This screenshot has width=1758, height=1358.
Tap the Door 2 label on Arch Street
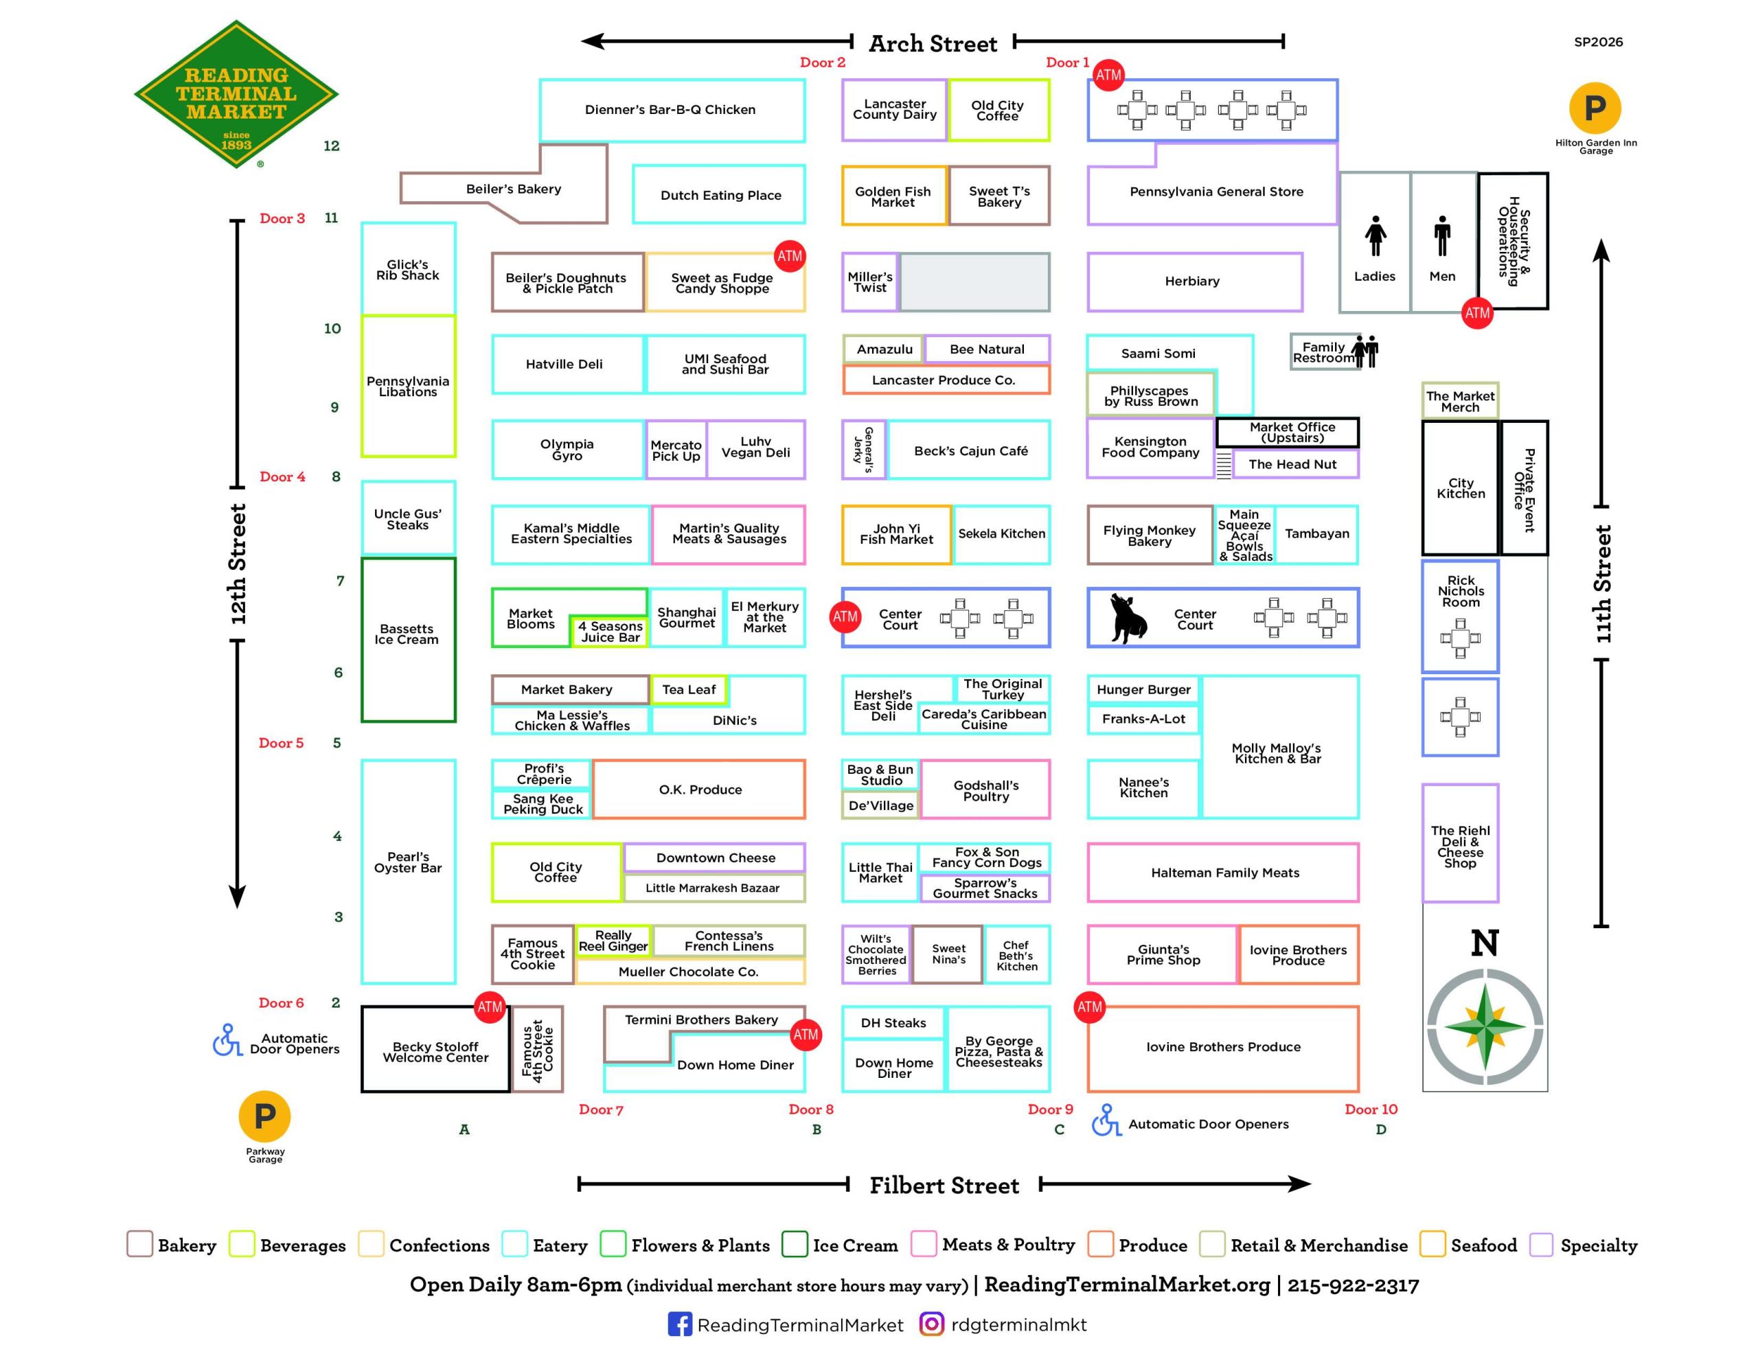(822, 62)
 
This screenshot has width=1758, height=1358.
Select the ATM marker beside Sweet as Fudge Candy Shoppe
(789, 256)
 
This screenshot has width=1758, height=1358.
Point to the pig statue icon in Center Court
(1128, 618)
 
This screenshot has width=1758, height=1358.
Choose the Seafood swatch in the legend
(1432, 1244)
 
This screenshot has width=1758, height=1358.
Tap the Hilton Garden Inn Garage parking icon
(1595, 108)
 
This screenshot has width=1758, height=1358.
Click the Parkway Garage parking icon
(265, 1116)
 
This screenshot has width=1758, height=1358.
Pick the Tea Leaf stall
(688, 690)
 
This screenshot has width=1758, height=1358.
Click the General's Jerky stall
(864, 450)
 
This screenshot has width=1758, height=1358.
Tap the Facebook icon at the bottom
(679, 1324)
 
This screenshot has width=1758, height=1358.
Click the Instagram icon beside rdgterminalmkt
(931, 1324)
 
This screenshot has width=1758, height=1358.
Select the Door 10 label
(1371, 1109)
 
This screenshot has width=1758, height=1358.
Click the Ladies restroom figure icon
(1375, 237)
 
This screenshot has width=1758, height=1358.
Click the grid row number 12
(332, 146)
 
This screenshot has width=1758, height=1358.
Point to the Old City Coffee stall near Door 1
(998, 111)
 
